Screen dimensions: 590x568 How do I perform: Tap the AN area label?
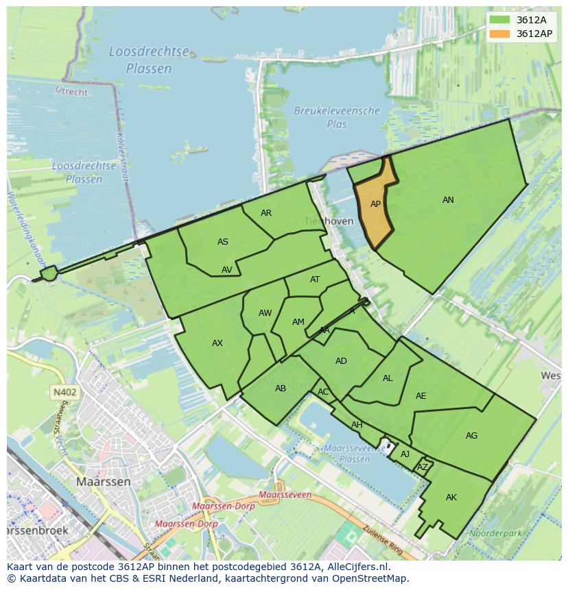click(x=448, y=200)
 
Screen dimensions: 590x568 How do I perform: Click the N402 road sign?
click(x=64, y=393)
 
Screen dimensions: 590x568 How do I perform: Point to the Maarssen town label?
click(x=103, y=482)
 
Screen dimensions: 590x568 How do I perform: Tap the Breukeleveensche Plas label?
click(x=337, y=117)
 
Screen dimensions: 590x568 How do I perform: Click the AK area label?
click(x=451, y=497)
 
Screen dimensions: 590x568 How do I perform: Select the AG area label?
click(x=471, y=436)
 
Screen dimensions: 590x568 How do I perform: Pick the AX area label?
click(x=217, y=343)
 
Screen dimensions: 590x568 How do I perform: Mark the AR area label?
click(x=266, y=213)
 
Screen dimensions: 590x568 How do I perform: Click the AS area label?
click(x=223, y=242)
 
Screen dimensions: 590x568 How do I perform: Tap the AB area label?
click(x=280, y=389)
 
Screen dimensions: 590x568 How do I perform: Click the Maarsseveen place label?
click(x=285, y=495)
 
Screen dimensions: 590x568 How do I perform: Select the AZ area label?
click(x=423, y=467)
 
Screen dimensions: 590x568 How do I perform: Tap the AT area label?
click(x=315, y=280)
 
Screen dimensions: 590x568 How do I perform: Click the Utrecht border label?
click(x=71, y=92)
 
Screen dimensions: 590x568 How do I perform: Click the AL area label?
click(x=388, y=378)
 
